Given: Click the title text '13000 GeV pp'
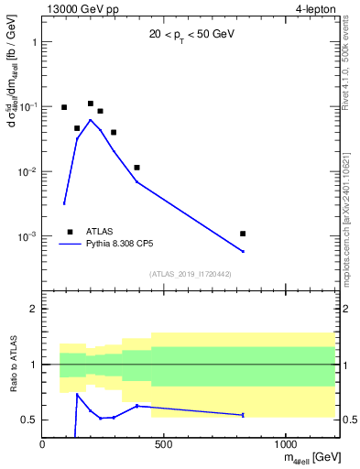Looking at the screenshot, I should pyautogui.click(x=79, y=10).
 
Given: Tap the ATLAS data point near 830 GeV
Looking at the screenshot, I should pyautogui.click(x=243, y=234).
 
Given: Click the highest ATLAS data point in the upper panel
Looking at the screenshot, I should pyautogui.click(x=91, y=104).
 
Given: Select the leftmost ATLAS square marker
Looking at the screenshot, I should pyautogui.click(x=64, y=107).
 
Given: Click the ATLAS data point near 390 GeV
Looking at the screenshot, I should pyautogui.click(x=136, y=168).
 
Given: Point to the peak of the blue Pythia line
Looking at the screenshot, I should pyautogui.click(x=90, y=120).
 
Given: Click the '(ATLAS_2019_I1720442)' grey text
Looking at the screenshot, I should pyautogui.click(x=189, y=273).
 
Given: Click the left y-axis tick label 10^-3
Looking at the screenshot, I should pyautogui.click(x=27, y=237).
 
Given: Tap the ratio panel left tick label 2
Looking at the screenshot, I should pyautogui.click(x=34, y=309).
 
